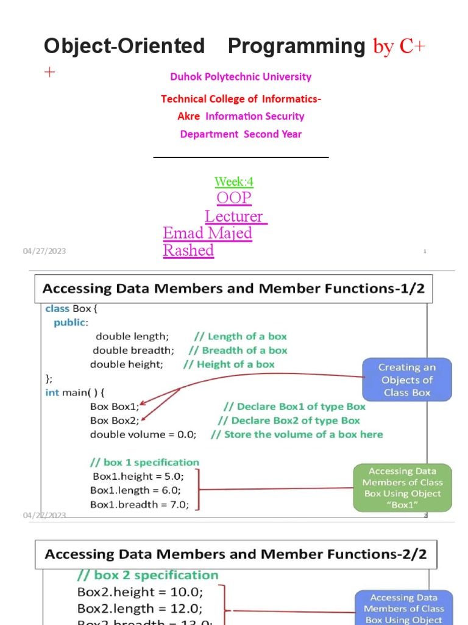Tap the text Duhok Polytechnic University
[x=241, y=77]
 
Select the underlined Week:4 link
[x=234, y=182]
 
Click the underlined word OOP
[x=234, y=198]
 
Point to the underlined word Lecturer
[x=235, y=216]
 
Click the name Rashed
[x=188, y=250]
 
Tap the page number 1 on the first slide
[x=424, y=251]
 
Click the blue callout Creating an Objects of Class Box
[x=407, y=380]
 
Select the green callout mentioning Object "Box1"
[x=402, y=488]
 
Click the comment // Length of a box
[x=240, y=336]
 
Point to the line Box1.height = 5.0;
[x=138, y=476]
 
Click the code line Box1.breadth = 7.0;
[x=140, y=504]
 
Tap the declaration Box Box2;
[x=115, y=421]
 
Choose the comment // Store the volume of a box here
[x=297, y=435]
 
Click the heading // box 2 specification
[x=147, y=575]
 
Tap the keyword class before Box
[x=57, y=309]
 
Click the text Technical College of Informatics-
[x=241, y=99]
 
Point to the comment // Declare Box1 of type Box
[x=294, y=406]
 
